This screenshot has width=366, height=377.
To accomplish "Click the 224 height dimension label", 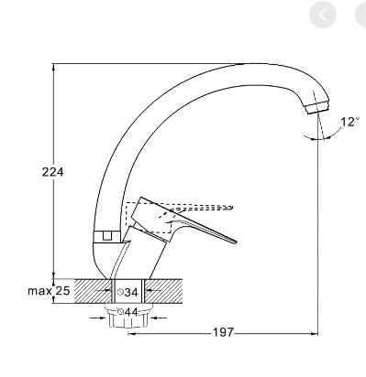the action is (52, 172).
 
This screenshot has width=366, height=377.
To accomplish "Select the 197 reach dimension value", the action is (223, 332).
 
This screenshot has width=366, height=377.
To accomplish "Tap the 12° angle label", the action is (350, 122).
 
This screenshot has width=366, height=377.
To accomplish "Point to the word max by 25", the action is (39, 291).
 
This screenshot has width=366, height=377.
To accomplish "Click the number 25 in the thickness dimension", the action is (62, 291).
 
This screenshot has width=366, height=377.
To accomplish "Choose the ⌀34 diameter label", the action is (128, 292).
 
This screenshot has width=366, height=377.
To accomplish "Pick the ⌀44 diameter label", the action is (128, 312).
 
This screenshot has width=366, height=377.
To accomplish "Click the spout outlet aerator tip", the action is (317, 108).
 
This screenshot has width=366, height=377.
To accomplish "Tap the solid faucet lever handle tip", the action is (235, 242).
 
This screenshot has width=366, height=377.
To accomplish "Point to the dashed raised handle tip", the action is (230, 208).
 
